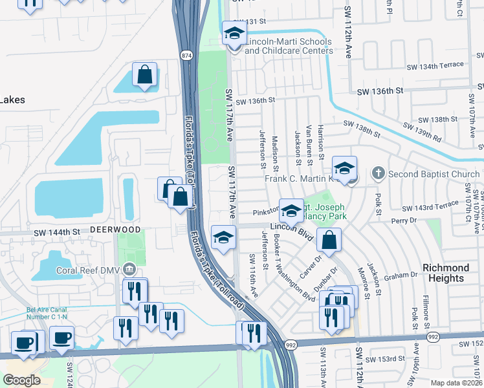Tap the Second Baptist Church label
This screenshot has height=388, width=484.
[x=434, y=174]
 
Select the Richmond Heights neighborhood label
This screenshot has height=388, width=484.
[x=446, y=273]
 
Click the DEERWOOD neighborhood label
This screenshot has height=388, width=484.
[x=106, y=229]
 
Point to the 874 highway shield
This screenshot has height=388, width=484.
[x=186, y=56]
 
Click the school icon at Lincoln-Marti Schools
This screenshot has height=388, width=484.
[x=234, y=34]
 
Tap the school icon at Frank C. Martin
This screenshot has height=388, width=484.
[x=345, y=169]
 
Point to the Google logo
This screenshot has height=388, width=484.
[x=22, y=380]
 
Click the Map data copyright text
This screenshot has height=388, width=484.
[x=456, y=382]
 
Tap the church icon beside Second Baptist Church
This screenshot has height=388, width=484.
[x=379, y=174]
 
